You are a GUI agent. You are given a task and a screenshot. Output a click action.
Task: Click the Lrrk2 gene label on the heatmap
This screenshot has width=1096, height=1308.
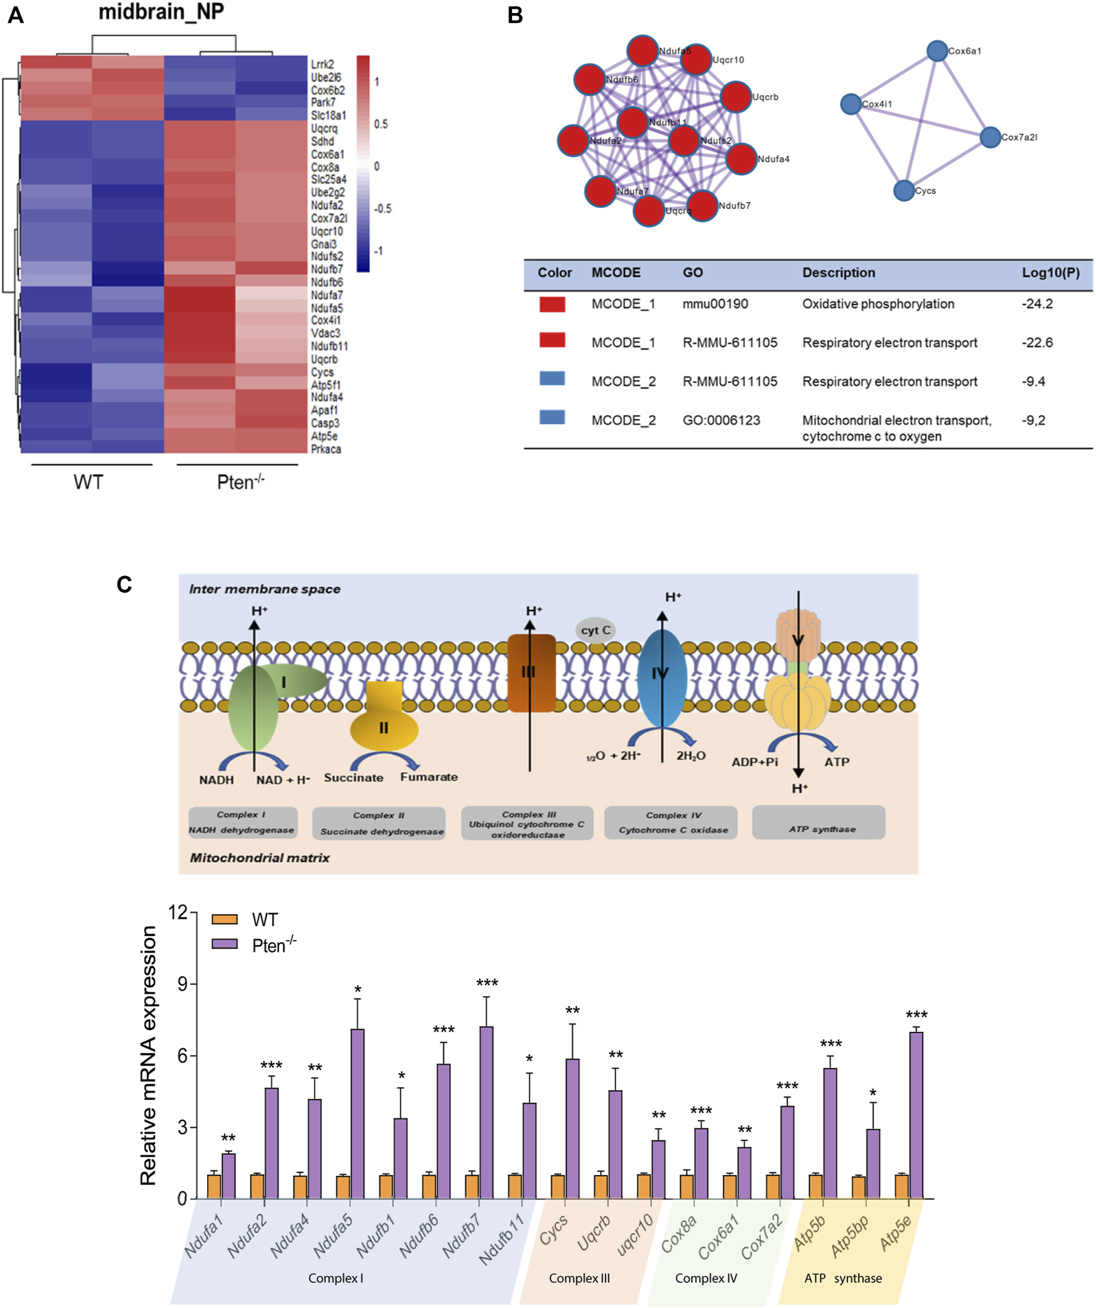point(323,64)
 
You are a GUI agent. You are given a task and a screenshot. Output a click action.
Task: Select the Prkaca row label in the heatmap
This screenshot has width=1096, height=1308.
point(326,449)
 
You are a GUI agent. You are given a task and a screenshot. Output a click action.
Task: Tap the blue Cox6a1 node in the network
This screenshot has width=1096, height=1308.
point(936,51)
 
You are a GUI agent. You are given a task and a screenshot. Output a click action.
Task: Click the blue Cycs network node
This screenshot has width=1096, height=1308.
point(904,191)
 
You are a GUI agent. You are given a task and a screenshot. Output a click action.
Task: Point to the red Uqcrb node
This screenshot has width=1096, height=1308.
point(735,97)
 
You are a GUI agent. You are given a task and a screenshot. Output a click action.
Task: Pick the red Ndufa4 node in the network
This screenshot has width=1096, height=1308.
point(741,159)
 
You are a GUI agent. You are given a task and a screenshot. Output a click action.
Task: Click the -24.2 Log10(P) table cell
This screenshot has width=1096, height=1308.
point(1037,304)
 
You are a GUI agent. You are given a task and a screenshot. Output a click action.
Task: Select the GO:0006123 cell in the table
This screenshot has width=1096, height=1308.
point(721,421)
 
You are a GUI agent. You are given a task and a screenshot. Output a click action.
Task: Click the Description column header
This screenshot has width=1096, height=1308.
point(838,273)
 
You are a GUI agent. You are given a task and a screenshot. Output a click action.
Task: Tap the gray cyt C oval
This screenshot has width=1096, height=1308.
point(596,630)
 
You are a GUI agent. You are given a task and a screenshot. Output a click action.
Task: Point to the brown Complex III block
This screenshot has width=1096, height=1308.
point(531,673)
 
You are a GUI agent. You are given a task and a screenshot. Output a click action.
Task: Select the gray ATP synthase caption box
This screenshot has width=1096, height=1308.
point(818,822)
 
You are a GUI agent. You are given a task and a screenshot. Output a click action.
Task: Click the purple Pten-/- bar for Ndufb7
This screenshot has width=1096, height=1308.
point(486,1113)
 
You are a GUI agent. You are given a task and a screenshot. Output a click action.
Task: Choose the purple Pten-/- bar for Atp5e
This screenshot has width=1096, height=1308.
point(916,1116)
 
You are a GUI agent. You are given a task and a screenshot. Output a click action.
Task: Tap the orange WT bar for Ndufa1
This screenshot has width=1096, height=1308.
point(214,1187)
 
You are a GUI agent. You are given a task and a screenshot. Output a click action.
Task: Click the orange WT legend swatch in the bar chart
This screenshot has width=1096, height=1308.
point(224,919)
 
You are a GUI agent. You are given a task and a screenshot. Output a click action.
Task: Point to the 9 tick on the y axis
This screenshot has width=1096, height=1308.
point(182,984)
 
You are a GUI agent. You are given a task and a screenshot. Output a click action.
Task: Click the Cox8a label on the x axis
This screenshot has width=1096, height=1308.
point(678,1234)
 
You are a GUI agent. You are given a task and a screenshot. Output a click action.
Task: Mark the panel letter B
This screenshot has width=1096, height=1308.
point(515,15)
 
